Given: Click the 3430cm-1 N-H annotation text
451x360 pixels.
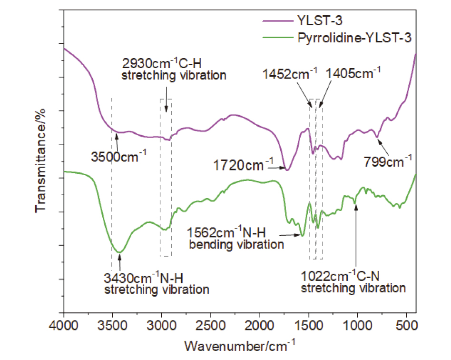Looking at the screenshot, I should pyautogui.click(x=157, y=283).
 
